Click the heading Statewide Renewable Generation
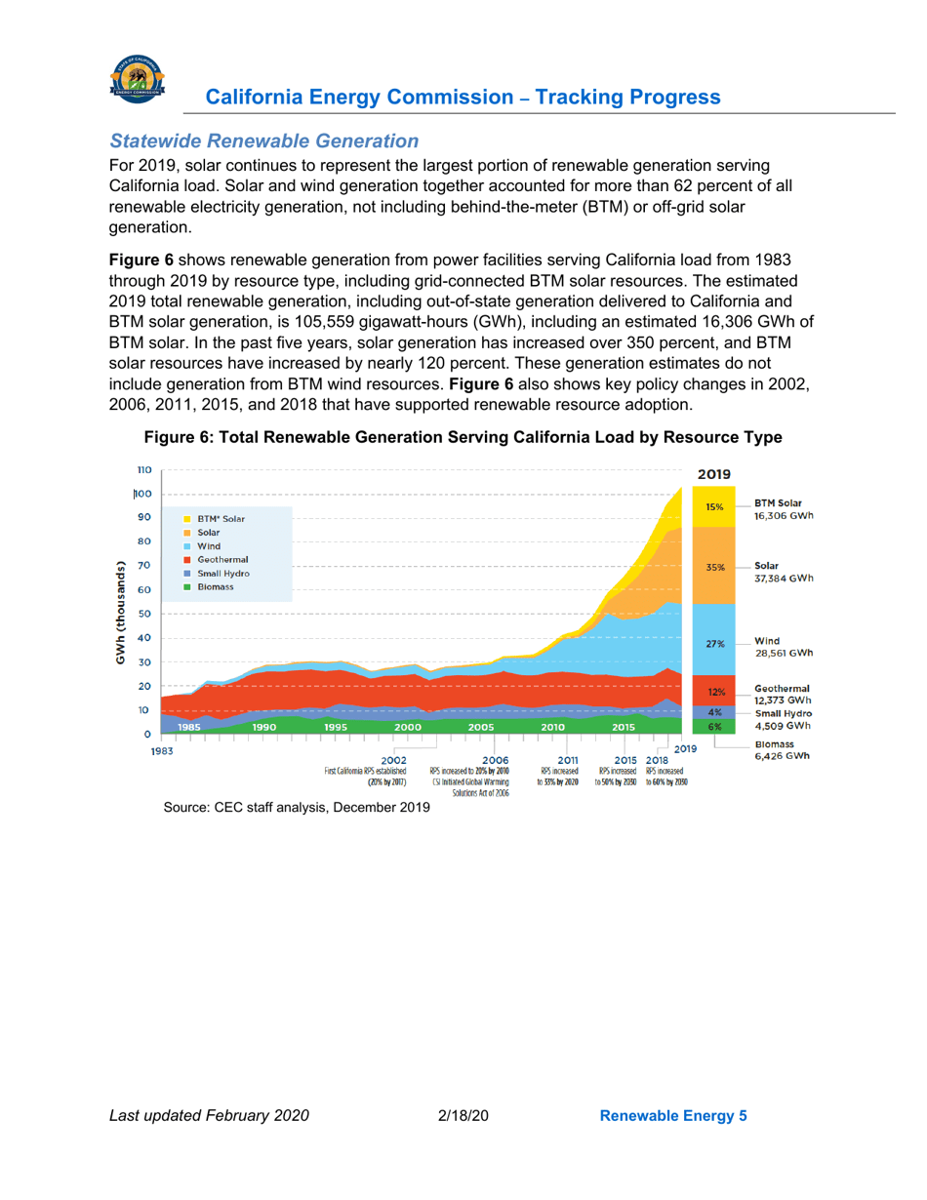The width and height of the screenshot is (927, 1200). [264, 142]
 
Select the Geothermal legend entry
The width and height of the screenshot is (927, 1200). [222, 560]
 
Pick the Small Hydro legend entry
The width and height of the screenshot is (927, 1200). [222, 574]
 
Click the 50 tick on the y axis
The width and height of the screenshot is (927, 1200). [143, 614]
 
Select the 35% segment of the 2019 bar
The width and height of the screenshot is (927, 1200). [714, 567]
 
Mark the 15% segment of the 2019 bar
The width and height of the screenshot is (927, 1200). [714, 507]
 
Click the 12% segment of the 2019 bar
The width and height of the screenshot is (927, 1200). [714, 691]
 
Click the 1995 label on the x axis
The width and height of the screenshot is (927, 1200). [335, 727]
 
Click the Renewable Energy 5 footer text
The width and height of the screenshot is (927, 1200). [672, 1115]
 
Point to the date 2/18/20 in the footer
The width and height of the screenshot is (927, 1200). [463, 1115]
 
